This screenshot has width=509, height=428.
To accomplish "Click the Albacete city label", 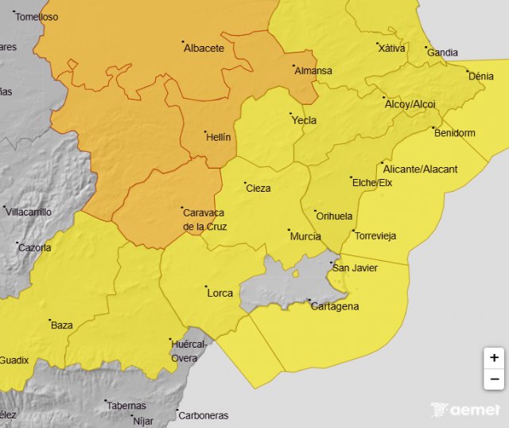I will [204, 49].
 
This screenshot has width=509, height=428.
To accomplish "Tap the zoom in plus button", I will [494, 358].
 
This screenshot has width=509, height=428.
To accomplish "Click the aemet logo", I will [466, 410].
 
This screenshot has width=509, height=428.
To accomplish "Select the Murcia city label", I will [305, 236].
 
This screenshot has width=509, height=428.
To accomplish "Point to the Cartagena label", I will [334, 306].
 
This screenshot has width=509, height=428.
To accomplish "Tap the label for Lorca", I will [220, 293].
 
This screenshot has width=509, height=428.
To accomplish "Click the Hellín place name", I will [217, 137].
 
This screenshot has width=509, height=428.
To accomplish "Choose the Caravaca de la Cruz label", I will [204, 220].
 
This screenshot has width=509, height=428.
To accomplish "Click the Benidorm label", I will [454, 133].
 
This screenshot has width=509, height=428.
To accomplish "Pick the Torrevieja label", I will [375, 236].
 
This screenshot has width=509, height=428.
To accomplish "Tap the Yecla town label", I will [304, 121].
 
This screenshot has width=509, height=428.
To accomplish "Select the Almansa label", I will [313, 71].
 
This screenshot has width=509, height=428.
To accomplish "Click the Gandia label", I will [442, 53].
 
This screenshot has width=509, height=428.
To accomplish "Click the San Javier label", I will [355, 267].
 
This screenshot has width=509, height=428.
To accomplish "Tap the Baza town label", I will [61, 325].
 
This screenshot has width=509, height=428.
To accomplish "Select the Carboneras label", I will [203, 415].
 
